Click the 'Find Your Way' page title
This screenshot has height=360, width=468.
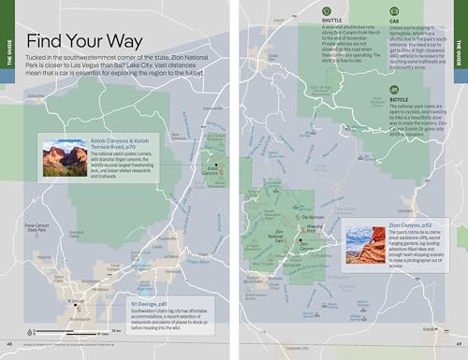[x=81, y=41]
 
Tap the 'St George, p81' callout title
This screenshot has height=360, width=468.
[x=152, y=305]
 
